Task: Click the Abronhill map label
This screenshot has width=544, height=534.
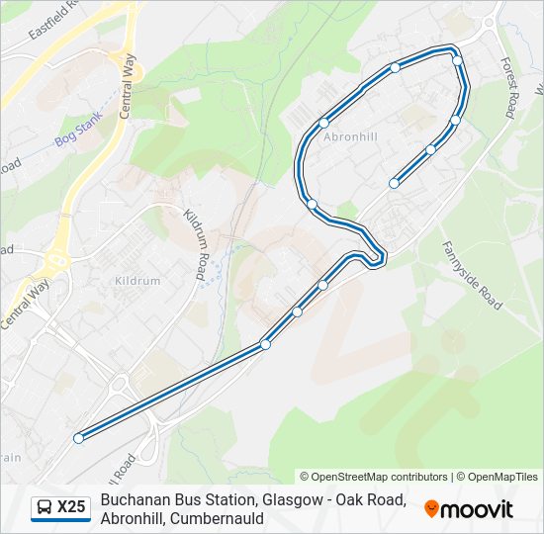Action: (350, 136)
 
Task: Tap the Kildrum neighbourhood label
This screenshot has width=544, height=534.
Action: (137, 281)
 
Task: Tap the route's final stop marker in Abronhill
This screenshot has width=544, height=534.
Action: (394, 183)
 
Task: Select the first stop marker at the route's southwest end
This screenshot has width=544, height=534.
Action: (78, 438)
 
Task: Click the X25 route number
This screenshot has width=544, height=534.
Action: (71, 508)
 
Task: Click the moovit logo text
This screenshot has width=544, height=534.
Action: (477, 509)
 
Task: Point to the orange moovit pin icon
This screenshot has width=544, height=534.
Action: (431, 508)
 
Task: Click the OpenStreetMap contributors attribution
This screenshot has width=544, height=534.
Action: (374, 477)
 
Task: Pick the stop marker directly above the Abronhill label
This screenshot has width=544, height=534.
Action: (323, 123)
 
